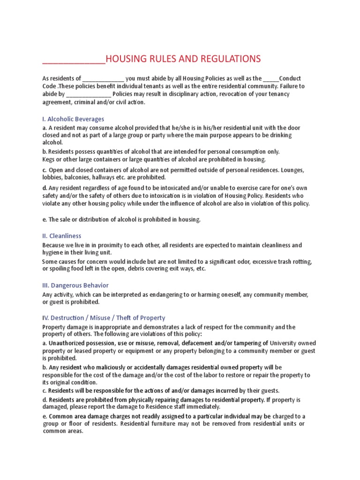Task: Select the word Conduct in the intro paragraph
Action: click(291, 78)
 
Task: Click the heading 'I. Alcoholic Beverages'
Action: click(73, 119)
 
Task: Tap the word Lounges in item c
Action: click(292, 169)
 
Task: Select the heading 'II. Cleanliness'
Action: click(62, 236)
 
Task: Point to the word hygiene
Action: click(52, 253)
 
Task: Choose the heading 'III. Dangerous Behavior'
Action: click(75, 285)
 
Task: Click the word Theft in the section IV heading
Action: click(124, 318)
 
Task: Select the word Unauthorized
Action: click(68, 343)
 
